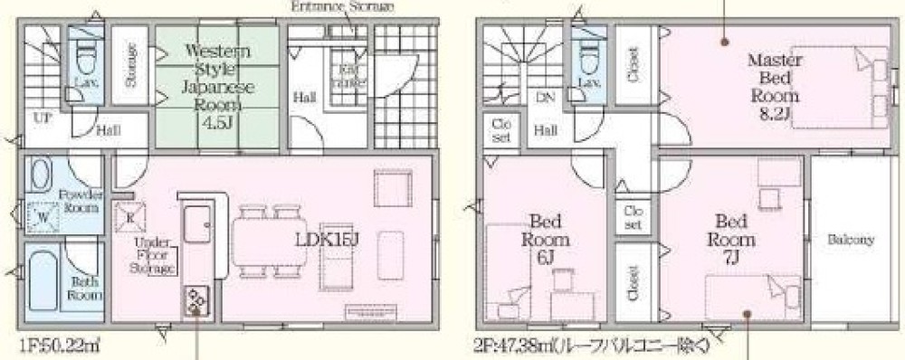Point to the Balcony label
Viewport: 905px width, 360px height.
[x=850, y=240]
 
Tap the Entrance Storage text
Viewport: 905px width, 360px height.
[x=331, y=7]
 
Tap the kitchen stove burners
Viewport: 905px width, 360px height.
[x=196, y=298]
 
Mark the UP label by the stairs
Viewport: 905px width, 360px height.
[x=42, y=118]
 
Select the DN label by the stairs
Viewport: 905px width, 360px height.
[x=545, y=97]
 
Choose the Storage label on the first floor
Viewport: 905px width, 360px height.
[x=130, y=66]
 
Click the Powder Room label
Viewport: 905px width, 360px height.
[x=80, y=201]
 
